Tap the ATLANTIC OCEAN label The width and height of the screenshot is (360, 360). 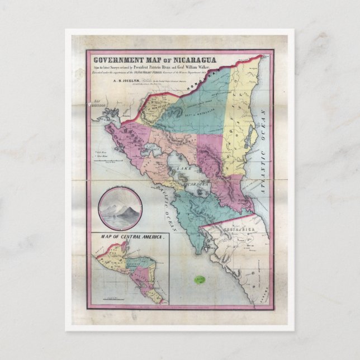click(261, 159)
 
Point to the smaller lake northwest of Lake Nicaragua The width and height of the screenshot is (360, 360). click(150, 150)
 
